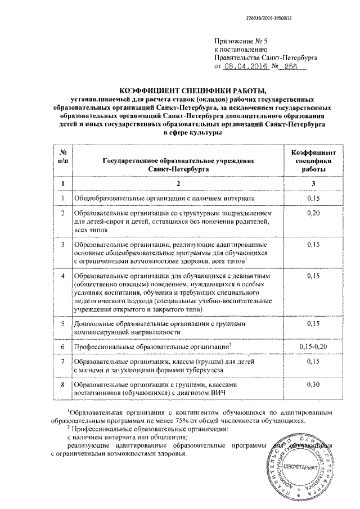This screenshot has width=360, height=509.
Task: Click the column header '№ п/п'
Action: [62, 157]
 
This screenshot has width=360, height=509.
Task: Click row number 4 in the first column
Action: [63, 277]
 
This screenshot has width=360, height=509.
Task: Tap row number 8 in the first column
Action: [63, 384]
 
